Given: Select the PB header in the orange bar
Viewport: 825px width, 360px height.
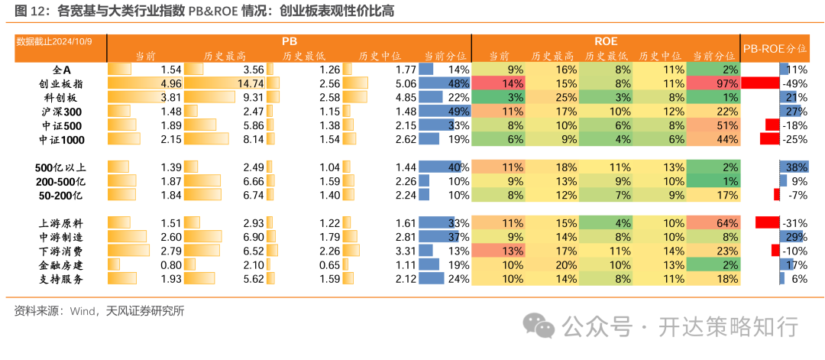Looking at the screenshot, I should coord(290,41).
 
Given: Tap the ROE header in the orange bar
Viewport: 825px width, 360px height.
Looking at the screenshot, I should coord(606,41).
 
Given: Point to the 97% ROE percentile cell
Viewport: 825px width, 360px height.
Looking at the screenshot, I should coord(713,83).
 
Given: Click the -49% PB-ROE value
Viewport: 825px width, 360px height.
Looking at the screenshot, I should coord(795,83).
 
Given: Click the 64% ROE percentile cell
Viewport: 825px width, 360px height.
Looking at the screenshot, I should coord(713,223).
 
